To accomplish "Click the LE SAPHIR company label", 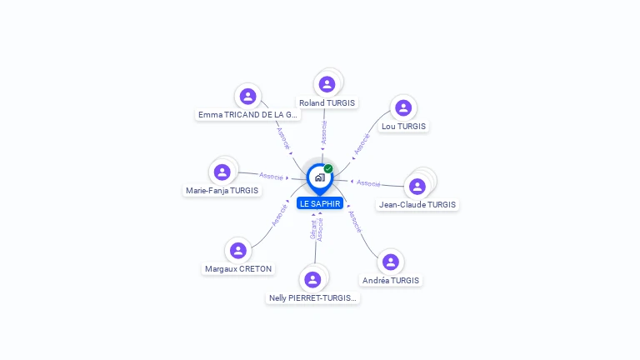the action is [320, 203].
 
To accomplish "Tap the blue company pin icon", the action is [319, 177].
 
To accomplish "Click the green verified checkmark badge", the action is [328, 169].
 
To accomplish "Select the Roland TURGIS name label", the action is [327, 103].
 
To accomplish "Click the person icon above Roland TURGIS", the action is [327, 83].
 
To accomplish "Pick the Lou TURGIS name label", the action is [403, 127].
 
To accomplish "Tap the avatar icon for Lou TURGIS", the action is [403, 107].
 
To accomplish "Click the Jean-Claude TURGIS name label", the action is [417, 204].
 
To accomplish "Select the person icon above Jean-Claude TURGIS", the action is [417, 186].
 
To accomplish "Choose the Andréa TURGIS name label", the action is [391, 281].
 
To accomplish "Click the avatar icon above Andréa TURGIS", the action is [391, 262].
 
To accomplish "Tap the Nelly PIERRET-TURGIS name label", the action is [312, 297].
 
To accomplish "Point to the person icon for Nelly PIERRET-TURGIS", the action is [312, 279].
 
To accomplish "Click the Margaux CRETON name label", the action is [238, 269].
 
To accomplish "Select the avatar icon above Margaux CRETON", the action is [238, 250].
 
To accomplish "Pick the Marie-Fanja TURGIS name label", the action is [222, 190].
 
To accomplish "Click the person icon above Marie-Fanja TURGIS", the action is [222, 172].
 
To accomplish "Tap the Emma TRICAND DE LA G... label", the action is [247, 114].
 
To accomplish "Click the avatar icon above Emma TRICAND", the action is [247, 95].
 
